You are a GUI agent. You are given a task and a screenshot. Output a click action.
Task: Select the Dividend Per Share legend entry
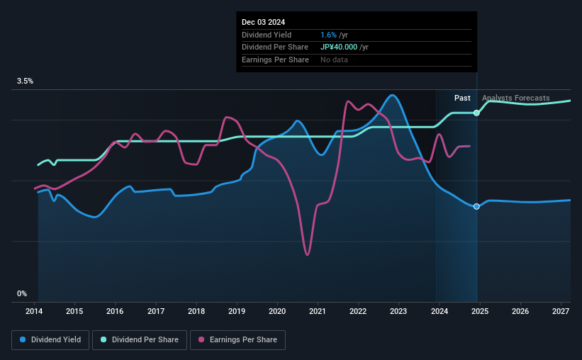[140, 340]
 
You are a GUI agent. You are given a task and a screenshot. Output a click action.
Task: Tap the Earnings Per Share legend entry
[238, 340]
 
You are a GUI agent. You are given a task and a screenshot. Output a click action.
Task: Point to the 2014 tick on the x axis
[35, 311]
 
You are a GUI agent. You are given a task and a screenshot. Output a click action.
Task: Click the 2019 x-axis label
[237, 311]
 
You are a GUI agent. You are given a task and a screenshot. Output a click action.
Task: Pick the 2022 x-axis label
[358, 311]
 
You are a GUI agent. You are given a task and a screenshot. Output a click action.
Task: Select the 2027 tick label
[560, 311]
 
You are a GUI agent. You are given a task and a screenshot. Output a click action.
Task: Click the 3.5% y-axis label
[26, 81]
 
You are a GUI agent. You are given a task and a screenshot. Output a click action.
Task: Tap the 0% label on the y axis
[22, 294]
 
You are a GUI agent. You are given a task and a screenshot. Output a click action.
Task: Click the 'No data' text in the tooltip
[334, 60]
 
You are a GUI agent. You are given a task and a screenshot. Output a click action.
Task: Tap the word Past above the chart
[462, 98]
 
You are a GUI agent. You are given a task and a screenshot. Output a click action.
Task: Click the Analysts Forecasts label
[515, 98]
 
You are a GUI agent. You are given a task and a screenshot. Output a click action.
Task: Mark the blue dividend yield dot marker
[476, 206]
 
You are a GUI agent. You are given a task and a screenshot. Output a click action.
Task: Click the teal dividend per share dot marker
[476, 113]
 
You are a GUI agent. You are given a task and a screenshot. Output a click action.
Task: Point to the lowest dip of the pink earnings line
[308, 254]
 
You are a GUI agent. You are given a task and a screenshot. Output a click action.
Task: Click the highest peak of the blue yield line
[392, 95]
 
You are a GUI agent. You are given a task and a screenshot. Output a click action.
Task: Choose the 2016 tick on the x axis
[116, 311]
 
